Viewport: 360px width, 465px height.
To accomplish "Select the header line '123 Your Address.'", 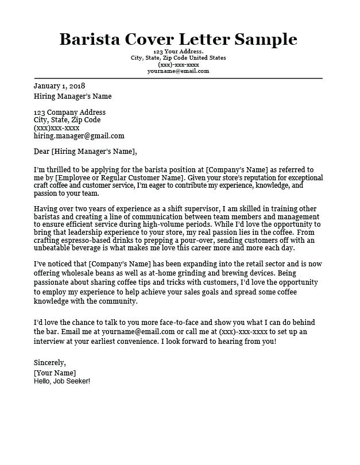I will tap(178, 51).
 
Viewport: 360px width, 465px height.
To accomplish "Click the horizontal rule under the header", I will tap(178, 77).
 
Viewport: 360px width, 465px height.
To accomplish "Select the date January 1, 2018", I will tap(59, 86).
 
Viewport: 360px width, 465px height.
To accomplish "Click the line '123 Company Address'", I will tap(69, 112).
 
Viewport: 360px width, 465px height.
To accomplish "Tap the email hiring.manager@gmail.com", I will tap(79, 136).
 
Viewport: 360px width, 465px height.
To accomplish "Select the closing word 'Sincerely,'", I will tap(50, 363).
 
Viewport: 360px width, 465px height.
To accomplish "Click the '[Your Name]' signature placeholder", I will tap(55, 372).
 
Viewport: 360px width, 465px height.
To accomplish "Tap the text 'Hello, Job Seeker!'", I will tap(62, 381).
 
